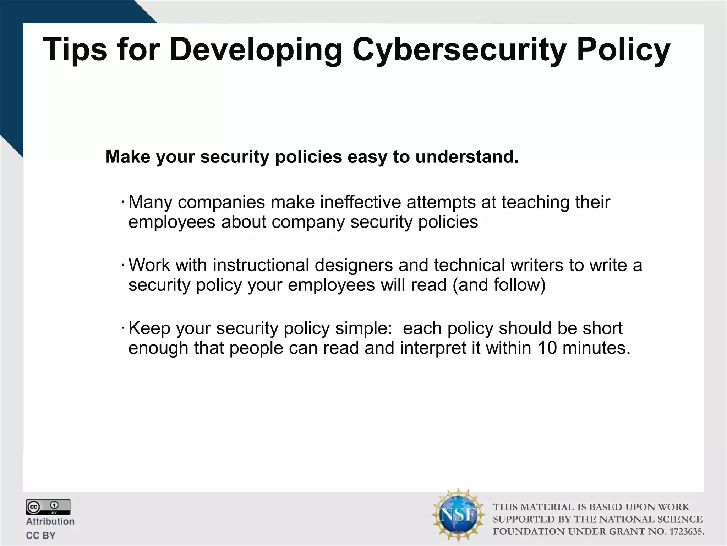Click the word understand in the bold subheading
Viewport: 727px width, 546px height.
(466, 157)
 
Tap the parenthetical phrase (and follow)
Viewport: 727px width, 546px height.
(499, 285)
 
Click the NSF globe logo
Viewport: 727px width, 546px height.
(458, 515)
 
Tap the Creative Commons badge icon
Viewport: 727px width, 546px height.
(48, 507)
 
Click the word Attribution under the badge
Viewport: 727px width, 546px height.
(50, 521)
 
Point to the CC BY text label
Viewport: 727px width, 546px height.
(40, 535)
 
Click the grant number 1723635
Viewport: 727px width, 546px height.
(685, 531)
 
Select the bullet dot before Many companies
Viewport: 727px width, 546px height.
(122, 203)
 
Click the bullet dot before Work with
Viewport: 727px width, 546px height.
(122, 266)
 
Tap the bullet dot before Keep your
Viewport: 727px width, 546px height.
(122, 328)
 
